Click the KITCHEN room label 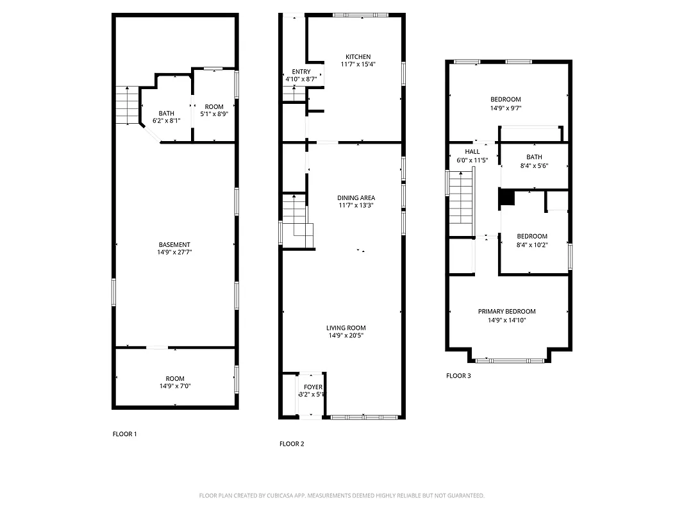tap(358, 57)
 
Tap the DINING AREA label tap(356, 198)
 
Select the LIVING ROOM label tap(346, 328)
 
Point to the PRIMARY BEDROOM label tap(506, 312)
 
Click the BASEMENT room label tap(174, 245)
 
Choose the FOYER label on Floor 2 tap(313, 387)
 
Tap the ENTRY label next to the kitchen tap(301, 72)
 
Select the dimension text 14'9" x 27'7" tap(174, 253)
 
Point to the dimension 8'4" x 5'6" tap(534, 165)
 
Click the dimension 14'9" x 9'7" tap(506, 108)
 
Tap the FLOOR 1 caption tap(124, 434)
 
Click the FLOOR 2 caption tap(292, 444)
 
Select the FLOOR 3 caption tap(458, 376)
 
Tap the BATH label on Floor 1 tap(166, 114)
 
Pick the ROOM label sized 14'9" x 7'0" tap(174, 379)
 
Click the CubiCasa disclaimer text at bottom tap(342, 496)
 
